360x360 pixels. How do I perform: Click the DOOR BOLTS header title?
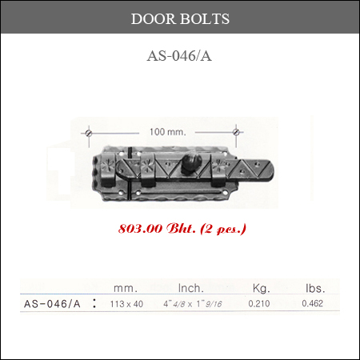pyautogui.click(x=180, y=18)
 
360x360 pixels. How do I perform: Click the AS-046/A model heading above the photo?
pyautogui.click(x=179, y=56)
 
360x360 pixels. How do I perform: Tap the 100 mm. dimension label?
pyautogui.click(x=167, y=132)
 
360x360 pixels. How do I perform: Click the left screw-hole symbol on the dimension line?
pyautogui.click(x=89, y=133)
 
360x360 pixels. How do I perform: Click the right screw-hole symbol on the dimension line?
pyautogui.click(x=236, y=132)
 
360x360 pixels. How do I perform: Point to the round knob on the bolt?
pyautogui.click(x=191, y=162)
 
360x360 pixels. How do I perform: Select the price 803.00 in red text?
pyautogui.click(x=140, y=229)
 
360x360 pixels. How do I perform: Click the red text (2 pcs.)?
pyautogui.click(x=223, y=229)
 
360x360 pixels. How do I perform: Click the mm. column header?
pyautogui.click(x=126, y=288)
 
